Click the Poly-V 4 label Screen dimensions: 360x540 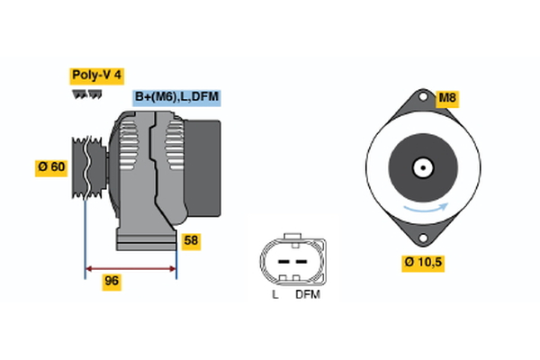(97, 76)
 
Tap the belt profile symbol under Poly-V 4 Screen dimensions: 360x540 (86, 94)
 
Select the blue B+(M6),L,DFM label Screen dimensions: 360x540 (176, 97)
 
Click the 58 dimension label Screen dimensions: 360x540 (190, 241)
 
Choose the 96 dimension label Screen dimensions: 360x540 (112, 281)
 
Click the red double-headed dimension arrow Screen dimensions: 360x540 (130, 267)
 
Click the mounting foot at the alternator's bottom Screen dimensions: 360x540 (145, 240)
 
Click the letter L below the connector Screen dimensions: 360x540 (275, 294)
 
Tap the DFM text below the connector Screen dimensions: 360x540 (307, 294)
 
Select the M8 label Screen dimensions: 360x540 (447, 98)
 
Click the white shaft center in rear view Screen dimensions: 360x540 (421, 167)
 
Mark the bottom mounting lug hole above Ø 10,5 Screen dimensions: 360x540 (421, 238)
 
